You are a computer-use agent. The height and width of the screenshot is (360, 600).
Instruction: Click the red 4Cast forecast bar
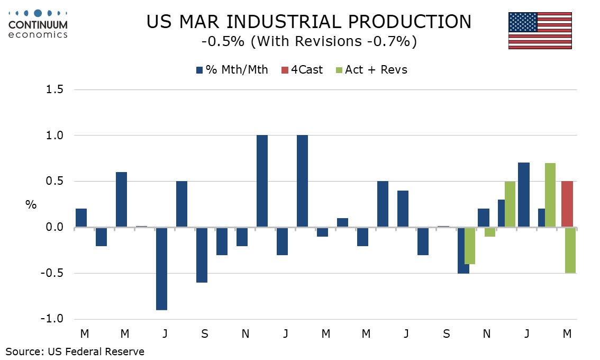click(x=567, y=204)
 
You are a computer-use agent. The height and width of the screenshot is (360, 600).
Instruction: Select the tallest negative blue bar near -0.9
click(x=161, y=268)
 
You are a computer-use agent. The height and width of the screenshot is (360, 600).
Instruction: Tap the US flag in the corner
click(x=540, y=30)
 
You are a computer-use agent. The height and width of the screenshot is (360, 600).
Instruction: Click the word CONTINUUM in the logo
click(x=38, y=25)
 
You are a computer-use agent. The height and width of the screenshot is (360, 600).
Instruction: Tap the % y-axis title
click(x=31, y=204)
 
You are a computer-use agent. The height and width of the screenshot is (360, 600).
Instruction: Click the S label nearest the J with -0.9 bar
click(x=205, y=334)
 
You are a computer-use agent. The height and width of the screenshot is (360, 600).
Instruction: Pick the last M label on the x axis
click(x=567, y=334)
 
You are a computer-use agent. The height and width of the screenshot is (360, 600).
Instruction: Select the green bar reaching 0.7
click(x=550, y=195)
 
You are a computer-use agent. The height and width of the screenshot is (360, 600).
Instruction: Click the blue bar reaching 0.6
click(x=121, y=200)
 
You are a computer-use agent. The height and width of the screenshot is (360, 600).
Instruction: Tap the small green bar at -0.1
click(x=490, y=232)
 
